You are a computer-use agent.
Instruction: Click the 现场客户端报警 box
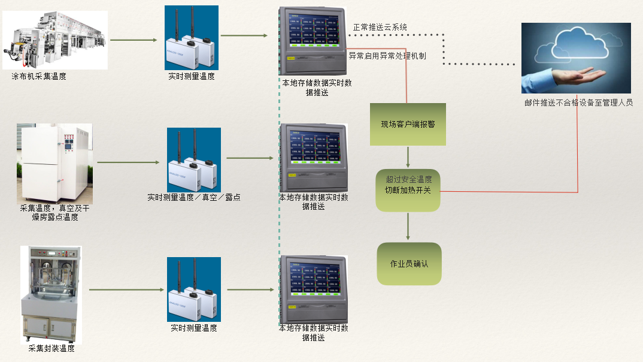(408, 124)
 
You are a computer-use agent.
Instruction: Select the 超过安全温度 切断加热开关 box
(408, 190)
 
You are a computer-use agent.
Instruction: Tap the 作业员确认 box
(409, 264)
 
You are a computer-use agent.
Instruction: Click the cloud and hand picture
(576, 58)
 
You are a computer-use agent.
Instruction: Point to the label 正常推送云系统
(380, 27)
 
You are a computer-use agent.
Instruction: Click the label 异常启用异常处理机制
(387, 56)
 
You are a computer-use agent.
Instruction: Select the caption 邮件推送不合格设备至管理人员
(578, 102)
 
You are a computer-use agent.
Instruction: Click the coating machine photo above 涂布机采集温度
(56, 40)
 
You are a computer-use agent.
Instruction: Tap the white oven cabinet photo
(54, 163)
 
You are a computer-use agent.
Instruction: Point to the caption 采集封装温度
(51, 348)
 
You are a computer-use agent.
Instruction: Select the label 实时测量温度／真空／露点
(194, 197)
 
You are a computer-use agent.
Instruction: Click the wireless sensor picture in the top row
(192, 38)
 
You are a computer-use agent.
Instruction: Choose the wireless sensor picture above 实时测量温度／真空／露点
(194, 160)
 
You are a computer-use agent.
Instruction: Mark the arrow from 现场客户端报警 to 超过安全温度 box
(408, 157)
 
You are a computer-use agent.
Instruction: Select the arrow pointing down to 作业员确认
(408, 227)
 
